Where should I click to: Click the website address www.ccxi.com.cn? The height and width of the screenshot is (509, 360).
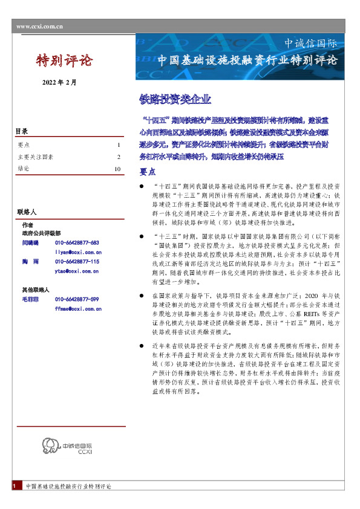coord(40,27)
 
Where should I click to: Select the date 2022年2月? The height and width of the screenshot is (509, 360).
coord(59,82)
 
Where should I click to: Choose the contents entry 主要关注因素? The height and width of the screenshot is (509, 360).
coord(36,157)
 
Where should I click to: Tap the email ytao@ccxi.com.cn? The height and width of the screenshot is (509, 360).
coord(77,271)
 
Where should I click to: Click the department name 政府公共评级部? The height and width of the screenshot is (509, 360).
coord(41,233)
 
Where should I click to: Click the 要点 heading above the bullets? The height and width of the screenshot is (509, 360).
coord(148,171)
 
